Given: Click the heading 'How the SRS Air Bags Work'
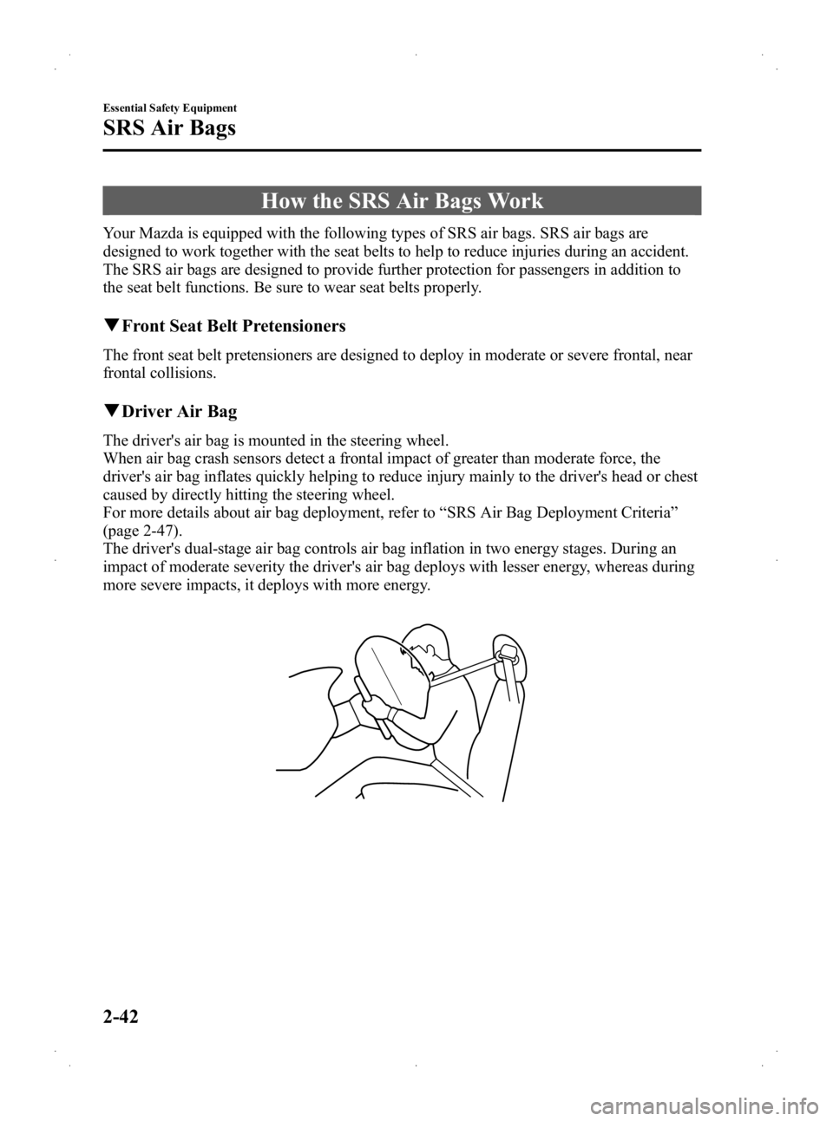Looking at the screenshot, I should coord(401,201).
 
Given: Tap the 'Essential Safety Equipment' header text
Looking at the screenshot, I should coord(170,108).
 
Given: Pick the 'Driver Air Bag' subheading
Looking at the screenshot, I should coord(179,409).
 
